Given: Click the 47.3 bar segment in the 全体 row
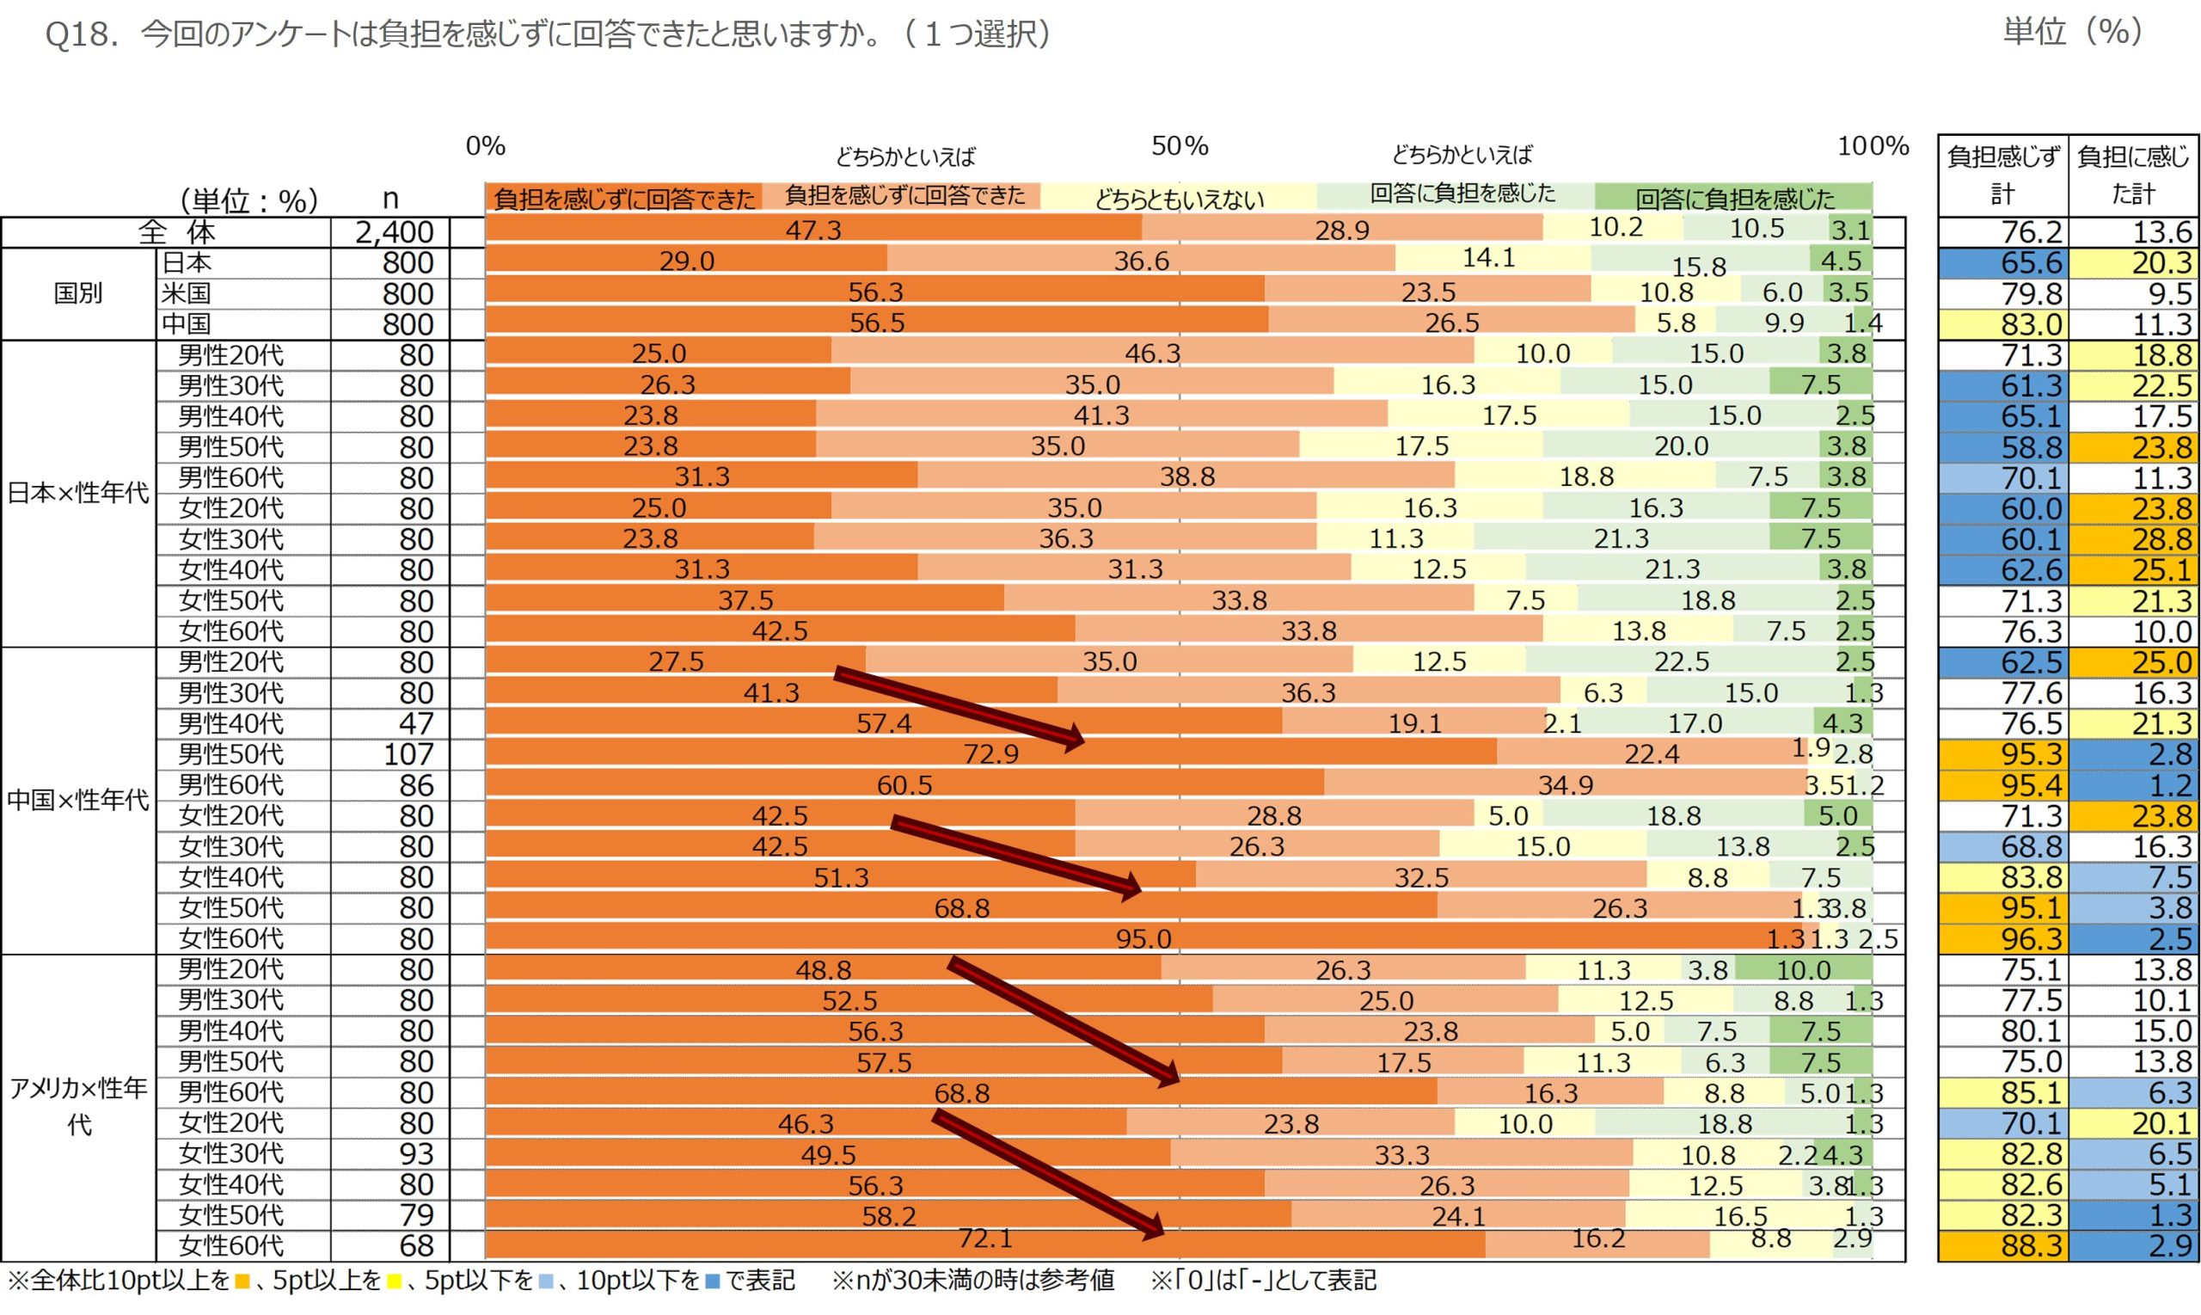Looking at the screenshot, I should click(x=813, y=230).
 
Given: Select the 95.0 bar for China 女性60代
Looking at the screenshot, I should click(x=1143, y=938).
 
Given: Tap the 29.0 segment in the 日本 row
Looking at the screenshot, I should click(x=686, y=261).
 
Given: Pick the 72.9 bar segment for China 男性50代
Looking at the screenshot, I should click(x=990, y=754).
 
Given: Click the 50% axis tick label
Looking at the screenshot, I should click(x=1179, y=146).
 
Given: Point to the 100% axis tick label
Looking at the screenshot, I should click(x=1873, y=146).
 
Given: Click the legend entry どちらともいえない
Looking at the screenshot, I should click(x=1179, y=199).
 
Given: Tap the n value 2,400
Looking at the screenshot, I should click(x=394, y=232).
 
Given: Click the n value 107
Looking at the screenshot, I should click(x=408, y=754).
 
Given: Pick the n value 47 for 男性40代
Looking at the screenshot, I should click(x=415, y=724).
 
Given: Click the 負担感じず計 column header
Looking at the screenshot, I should click(x=2002, y=175).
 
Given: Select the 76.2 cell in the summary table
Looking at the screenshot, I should click(x=2031, y=232).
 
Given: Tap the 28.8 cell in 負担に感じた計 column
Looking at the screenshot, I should click(x=2161, y=539).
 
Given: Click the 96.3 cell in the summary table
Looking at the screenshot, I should click(x=2031, y=938).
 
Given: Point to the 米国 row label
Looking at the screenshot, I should click(x=186, y=293).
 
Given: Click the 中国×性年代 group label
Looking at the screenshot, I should click(x=78, y=800).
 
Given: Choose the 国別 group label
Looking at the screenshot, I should click(x=78, y=293).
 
